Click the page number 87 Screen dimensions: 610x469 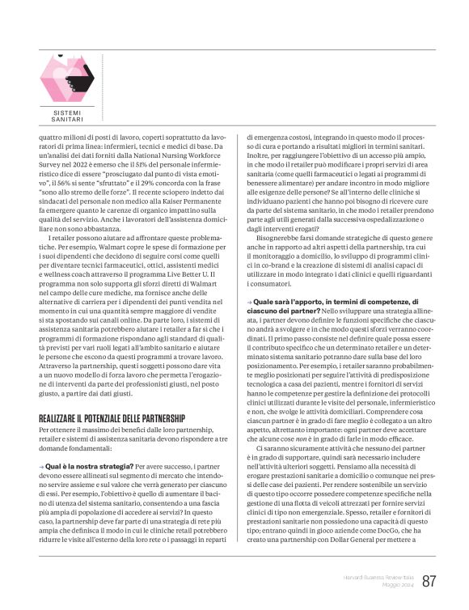pos(429,582)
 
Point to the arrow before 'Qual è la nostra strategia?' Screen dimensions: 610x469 pos(41,467)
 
